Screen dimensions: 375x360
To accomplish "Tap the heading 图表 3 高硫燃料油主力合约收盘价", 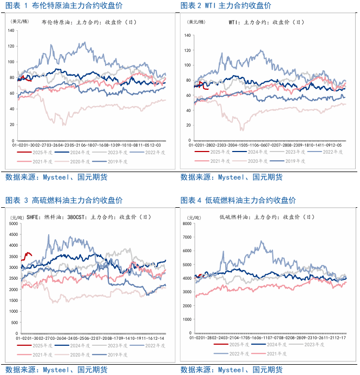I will point(63,200).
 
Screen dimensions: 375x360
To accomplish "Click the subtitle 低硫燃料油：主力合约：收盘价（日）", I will point(267,217).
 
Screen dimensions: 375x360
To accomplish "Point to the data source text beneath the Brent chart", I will point(56,177).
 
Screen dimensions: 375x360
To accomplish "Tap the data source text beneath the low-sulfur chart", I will point(231,370).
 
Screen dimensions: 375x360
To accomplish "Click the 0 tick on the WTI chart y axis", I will point(189,141).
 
